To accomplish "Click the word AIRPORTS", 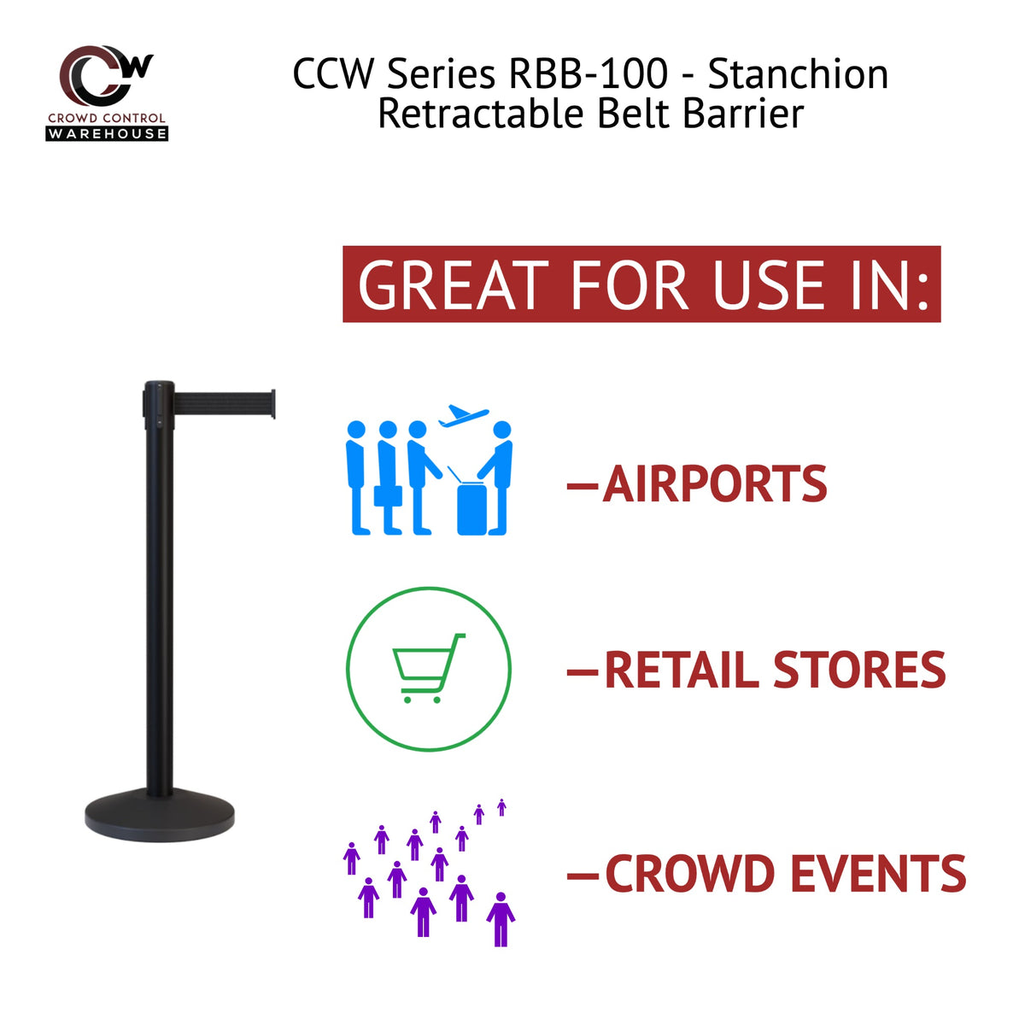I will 714,484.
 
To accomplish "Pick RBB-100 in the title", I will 589,74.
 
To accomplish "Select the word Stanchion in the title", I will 799,74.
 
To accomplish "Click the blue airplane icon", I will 463,417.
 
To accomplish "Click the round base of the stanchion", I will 159,817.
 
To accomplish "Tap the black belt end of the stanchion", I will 272,405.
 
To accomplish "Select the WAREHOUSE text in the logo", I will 107,133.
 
